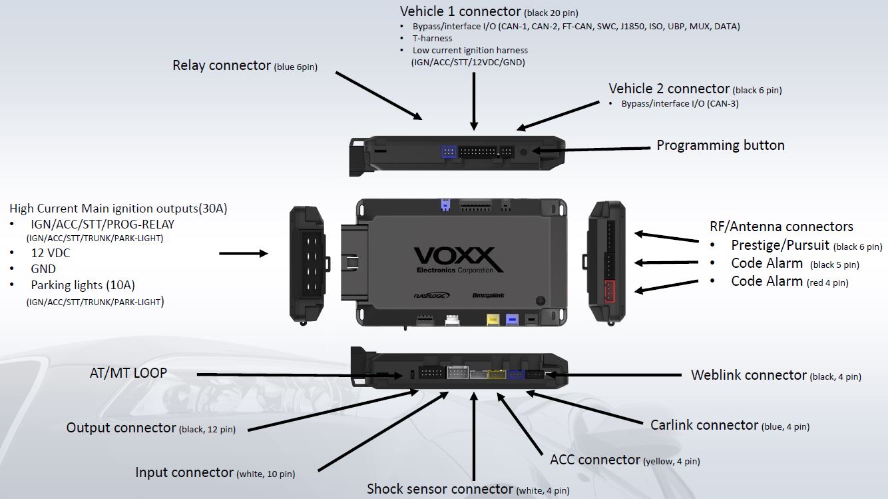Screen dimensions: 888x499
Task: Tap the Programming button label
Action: (720, 145)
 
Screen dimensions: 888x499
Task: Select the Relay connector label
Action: (245, 65)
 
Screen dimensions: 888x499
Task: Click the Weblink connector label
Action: (776, 375)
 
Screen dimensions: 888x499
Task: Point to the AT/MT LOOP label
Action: (128, 373)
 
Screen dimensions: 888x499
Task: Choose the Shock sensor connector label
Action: (468, 489)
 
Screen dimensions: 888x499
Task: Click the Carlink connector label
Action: (730, 425)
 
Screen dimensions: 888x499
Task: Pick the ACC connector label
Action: (625, 460)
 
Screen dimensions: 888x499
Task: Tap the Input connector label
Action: (215, 472)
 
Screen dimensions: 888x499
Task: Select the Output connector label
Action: (150, 428)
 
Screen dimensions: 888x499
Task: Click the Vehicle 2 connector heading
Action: (695, 89)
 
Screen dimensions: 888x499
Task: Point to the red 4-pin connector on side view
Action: (609, 291)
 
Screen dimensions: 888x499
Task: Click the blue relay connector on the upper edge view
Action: (449, 151)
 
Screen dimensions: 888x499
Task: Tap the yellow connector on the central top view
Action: (493, 319)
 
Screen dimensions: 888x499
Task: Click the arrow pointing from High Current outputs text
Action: (244, 253)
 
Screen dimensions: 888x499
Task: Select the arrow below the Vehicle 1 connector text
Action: (474, 101)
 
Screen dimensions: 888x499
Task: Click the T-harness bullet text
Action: (432, 39)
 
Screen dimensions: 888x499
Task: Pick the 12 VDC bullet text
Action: (51, 253)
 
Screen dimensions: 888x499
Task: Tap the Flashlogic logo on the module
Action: (431, 295)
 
